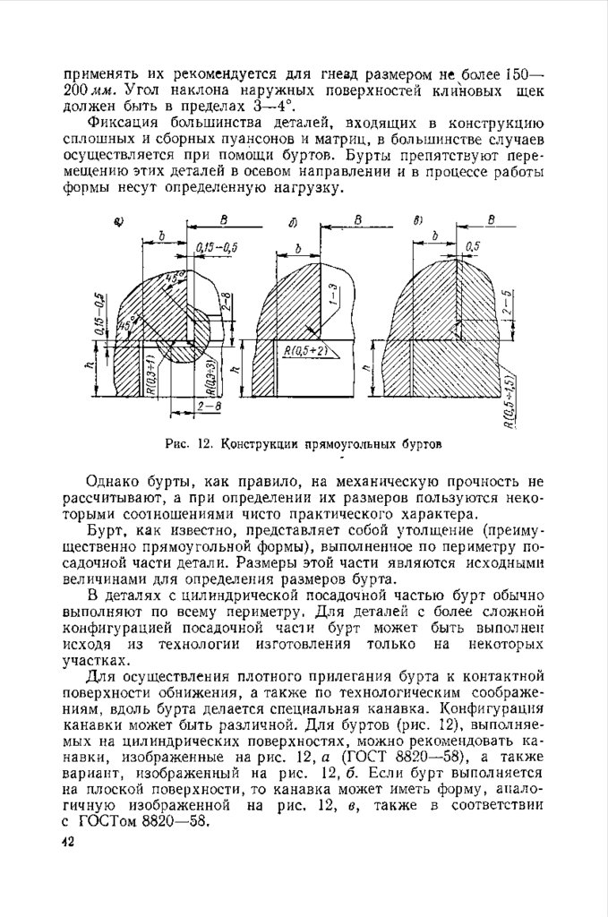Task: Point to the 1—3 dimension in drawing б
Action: [x=332, y=296]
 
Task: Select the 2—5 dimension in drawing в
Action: [x=507, y=304]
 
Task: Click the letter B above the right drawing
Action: [x=492, y=219]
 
